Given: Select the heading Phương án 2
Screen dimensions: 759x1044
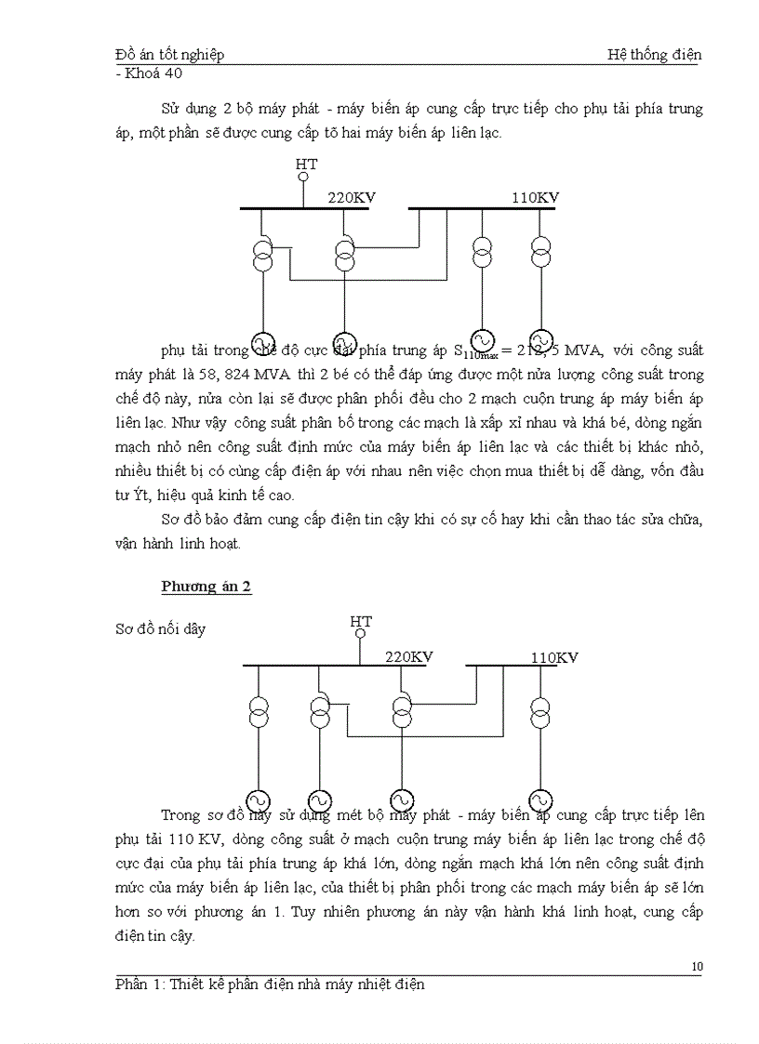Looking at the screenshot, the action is coord(206,586).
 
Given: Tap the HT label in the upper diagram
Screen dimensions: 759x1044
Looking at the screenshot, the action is coord(306,165).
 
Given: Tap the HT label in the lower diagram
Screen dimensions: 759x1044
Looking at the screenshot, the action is coord(361,622).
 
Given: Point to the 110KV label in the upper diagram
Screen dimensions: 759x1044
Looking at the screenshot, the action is coord(535,197).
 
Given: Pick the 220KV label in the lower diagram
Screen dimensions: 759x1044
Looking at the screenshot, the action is coord(409,656).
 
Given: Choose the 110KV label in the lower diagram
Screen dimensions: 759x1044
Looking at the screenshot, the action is coord(554,657).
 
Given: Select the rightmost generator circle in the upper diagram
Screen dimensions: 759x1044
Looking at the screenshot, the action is coord(541,340).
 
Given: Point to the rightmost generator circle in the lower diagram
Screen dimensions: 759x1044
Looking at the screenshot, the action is coord(539,800).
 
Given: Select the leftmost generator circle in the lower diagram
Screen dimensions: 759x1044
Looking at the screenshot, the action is coord(258,801).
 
